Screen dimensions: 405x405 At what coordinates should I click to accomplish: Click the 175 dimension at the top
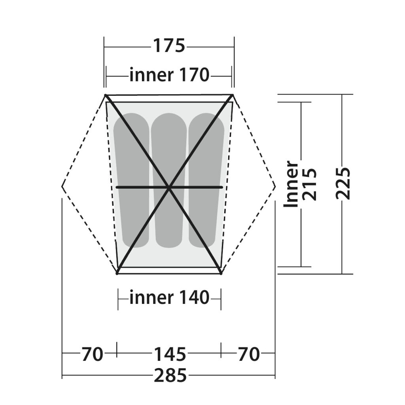(169, 46)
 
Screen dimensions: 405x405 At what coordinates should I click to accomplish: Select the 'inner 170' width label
(169, 75)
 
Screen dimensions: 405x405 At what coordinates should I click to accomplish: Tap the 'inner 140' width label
(169, 297)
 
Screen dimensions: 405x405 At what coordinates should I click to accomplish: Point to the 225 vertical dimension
(343, 184)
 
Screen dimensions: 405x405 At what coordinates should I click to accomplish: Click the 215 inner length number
(309, 184)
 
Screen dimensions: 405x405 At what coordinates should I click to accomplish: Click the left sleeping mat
(132, 180)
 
